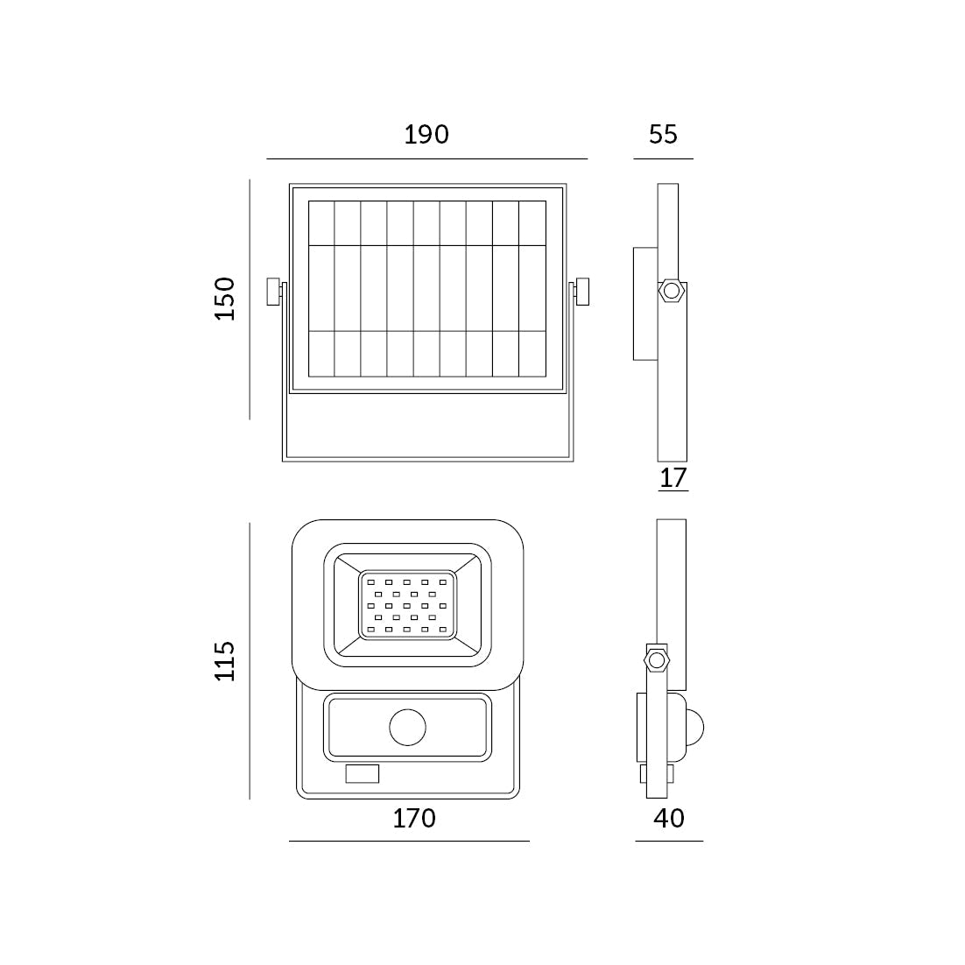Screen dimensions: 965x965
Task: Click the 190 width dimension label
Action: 426,134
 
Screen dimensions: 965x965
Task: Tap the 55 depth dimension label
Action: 663,134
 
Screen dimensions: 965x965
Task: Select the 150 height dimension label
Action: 225,299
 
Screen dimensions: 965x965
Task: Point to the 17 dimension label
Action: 673,478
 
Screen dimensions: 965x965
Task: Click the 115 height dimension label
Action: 225,660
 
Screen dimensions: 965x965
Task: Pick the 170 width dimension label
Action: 414,818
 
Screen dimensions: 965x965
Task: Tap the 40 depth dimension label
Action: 668,818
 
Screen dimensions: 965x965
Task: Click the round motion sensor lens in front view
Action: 407,727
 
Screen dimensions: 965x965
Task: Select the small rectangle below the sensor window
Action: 362,773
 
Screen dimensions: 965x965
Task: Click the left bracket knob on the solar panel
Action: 274,292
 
